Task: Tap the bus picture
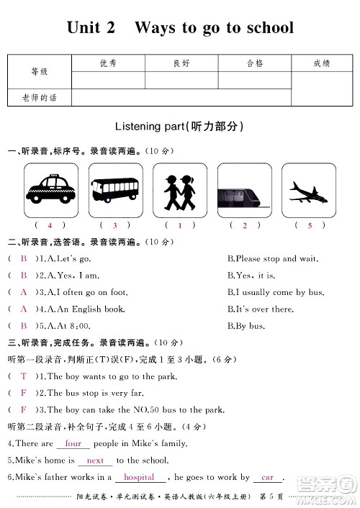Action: coord(115,189)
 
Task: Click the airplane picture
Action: coord(308,189)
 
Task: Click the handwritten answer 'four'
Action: coord(73,444)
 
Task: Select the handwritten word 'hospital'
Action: coord(139,477)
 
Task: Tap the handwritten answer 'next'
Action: coord(95,461)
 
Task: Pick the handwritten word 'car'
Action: coord(268,477)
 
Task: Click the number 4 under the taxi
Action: coord(50,225)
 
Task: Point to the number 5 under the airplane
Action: coord(310,225)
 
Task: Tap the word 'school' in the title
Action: coord(264,27)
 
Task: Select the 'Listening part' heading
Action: coord(179,127)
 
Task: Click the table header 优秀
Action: coord(109,63)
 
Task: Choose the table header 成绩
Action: coord(321,63)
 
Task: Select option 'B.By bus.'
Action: coord(246,326)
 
